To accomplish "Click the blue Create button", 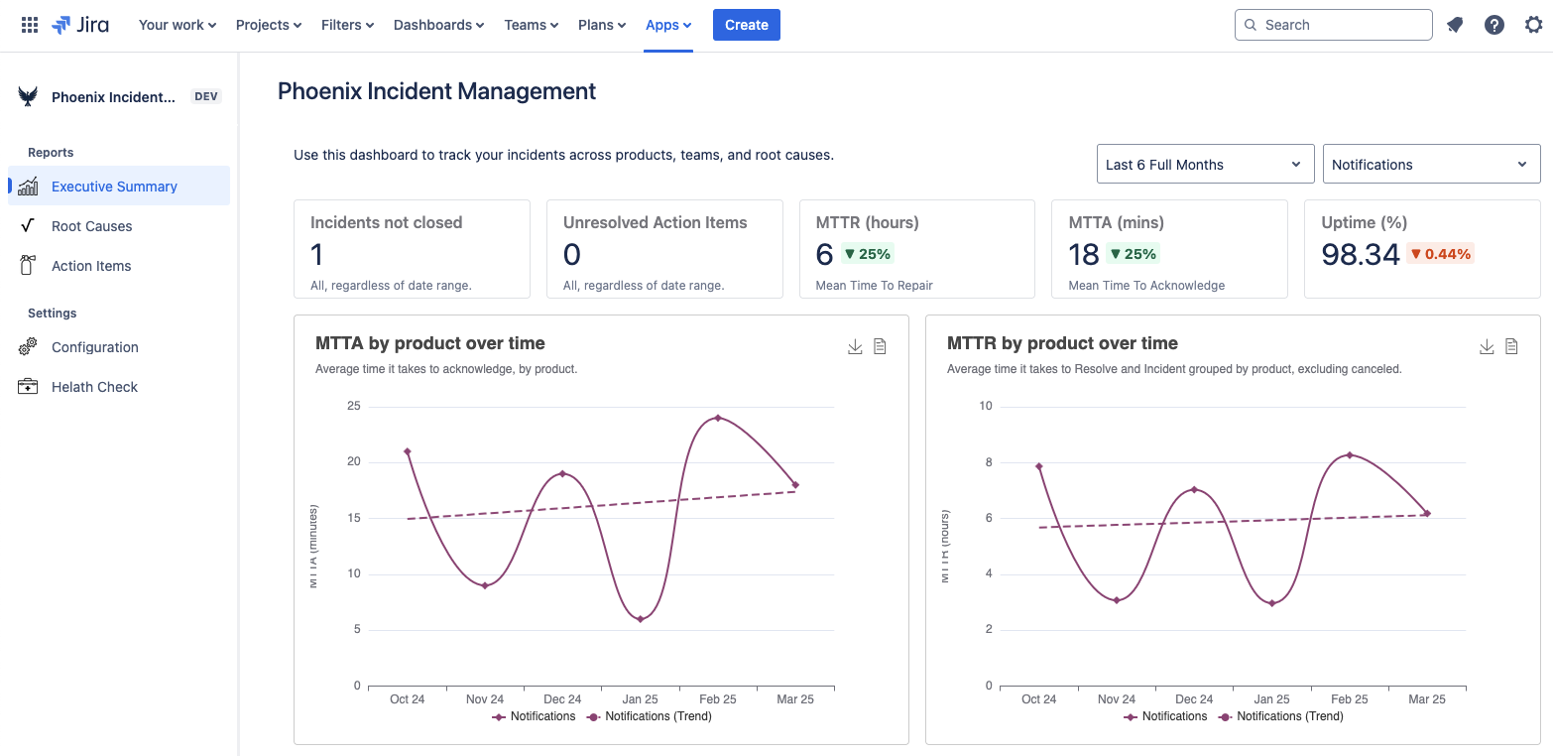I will coord(746,25).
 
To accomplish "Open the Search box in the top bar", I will coord(1333,25).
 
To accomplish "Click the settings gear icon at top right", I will coord(1533,25).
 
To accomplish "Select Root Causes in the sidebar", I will coord(91,226).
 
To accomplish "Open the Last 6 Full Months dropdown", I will coord(1204,165).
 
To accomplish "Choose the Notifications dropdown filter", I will coord(1430,165).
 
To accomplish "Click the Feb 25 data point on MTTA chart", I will coord(718,418).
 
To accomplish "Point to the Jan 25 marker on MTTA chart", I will coord(641,619).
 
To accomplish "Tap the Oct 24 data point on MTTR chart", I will coord(1039,466).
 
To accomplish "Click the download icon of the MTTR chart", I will coord(1486,346).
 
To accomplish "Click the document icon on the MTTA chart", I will coord(880,346).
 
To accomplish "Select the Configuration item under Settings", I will coord(94,347).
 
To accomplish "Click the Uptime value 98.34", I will coord(1360,255).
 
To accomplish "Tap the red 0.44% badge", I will coord(1440,254).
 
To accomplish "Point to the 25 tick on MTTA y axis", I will coord(353,406).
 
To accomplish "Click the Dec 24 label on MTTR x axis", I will coord(1194,699).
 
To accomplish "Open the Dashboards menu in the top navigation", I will coord(438,25).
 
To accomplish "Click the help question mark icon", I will coord(1493,25).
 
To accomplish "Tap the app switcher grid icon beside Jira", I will coord(30,25).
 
